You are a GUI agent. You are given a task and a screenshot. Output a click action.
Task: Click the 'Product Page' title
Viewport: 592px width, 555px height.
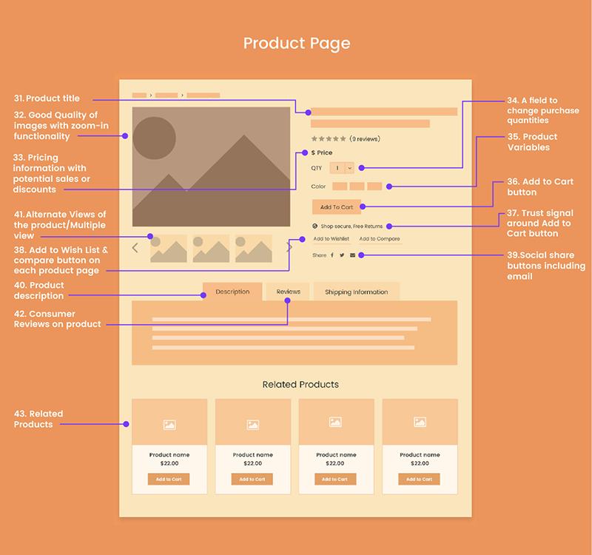[x=297, y=44]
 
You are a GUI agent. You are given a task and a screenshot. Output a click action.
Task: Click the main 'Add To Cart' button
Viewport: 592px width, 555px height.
[x=337, y=207]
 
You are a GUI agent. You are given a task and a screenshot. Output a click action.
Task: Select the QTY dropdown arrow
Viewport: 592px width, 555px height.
[x=349, y=168]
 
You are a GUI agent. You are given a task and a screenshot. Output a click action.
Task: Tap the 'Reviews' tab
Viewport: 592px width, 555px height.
[x=288, y=292]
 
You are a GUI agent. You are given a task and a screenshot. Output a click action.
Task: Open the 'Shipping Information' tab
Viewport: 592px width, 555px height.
[x=357, y=292]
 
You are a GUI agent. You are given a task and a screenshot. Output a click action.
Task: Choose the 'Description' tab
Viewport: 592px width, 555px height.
[x=232, y=292]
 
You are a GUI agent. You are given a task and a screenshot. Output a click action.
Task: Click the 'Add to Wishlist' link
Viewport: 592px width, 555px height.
[x=331, y=239]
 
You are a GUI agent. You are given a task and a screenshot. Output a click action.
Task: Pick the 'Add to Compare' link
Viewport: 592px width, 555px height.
[x=380, y=239]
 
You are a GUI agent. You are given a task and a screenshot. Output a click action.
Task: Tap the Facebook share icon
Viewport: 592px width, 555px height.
[x=332, y=255]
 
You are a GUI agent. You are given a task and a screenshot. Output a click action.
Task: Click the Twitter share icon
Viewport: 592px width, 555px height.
[x=342, y=255]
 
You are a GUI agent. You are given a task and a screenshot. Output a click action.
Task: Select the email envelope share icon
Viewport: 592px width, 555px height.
[x=352, y=255]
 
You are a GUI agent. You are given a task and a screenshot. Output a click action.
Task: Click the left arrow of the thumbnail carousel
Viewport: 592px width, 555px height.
[x=135, y=248]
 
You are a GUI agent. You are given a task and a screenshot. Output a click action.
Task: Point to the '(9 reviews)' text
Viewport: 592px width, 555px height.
[x=365, y=139]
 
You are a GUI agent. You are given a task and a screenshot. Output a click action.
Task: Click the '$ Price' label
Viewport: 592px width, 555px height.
[x=322, y=152]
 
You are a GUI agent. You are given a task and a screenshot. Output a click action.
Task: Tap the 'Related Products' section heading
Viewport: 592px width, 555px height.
[x=300, y=384]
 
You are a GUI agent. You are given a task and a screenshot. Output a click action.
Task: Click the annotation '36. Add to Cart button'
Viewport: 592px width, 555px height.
[x=540, y=187]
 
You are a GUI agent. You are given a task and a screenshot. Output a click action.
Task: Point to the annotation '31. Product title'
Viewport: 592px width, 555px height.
[x=47, y=98]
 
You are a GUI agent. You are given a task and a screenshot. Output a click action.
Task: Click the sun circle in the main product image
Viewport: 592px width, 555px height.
[x=154, y=138]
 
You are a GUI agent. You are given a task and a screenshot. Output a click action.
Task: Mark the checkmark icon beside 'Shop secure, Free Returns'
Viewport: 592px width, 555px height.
[x=315, y=226]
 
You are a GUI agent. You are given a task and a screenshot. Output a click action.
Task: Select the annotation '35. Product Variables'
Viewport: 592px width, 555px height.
[x=532, y=142]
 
